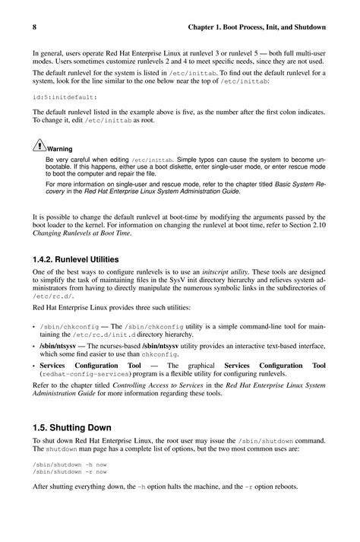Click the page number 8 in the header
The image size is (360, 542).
coord(36,27)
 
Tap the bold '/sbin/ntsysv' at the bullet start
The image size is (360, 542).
coord(60,345)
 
